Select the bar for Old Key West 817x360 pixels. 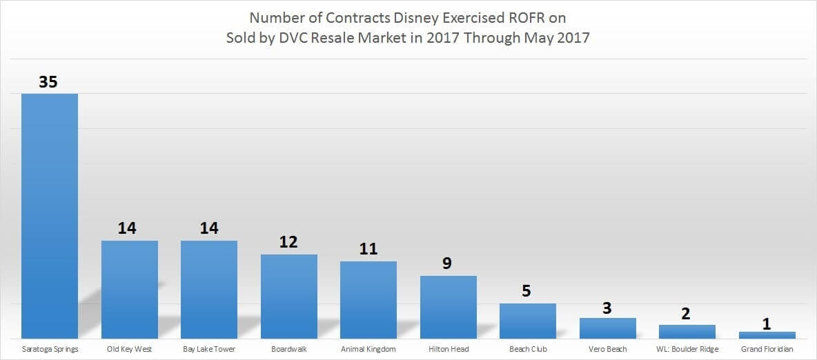pos(130,290)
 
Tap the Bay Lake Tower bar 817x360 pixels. pos(209,290)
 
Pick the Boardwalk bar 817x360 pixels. pos(289,297)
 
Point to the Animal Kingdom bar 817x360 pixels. pos(368,300)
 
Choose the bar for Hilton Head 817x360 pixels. pos(449,307)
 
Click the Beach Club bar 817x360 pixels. pos(528,321)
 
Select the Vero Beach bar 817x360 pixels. pos(608,328)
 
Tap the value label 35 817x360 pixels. pos(48,82)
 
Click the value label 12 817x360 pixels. pos(288,243)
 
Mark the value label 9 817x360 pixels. pos(448,263)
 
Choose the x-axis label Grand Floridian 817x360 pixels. pos(767,349)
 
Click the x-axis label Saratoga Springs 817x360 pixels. pos(50,349)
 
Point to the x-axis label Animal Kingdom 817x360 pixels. pos(368,349)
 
